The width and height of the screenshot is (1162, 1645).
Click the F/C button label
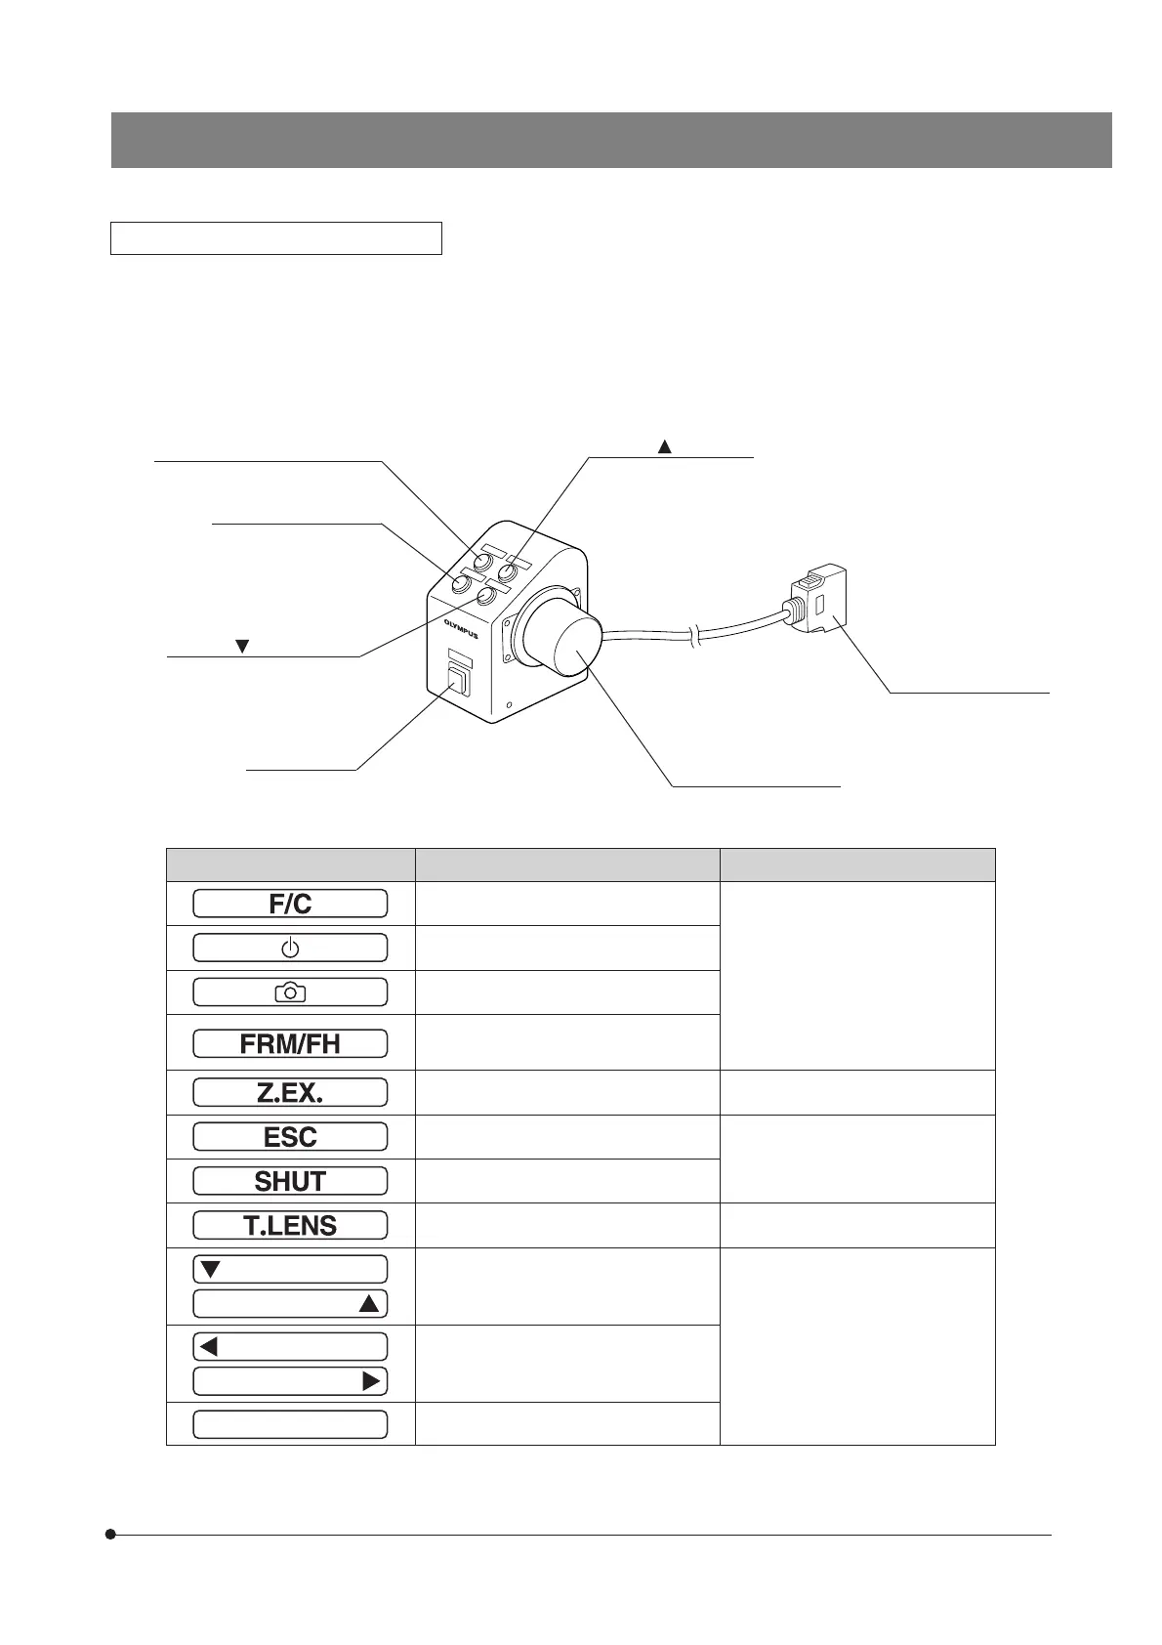290,904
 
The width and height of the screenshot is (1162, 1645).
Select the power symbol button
290,948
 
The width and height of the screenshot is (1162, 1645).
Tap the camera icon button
290,992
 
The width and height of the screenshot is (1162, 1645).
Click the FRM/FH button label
290,1043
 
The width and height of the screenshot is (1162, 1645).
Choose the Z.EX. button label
290,1093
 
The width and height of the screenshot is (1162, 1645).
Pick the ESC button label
290,1137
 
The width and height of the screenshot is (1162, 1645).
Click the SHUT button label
290,1181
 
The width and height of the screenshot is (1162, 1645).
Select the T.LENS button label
290,1225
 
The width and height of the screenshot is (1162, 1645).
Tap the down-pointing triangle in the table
210,1270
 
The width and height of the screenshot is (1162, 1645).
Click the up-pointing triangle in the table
369,1304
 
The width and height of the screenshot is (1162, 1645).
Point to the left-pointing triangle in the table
208,1347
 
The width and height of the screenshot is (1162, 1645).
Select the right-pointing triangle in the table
371,1381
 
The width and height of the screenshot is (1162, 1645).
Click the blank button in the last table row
290,1424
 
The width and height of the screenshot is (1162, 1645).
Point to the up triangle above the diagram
664,447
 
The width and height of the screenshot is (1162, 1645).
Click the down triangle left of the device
243,647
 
